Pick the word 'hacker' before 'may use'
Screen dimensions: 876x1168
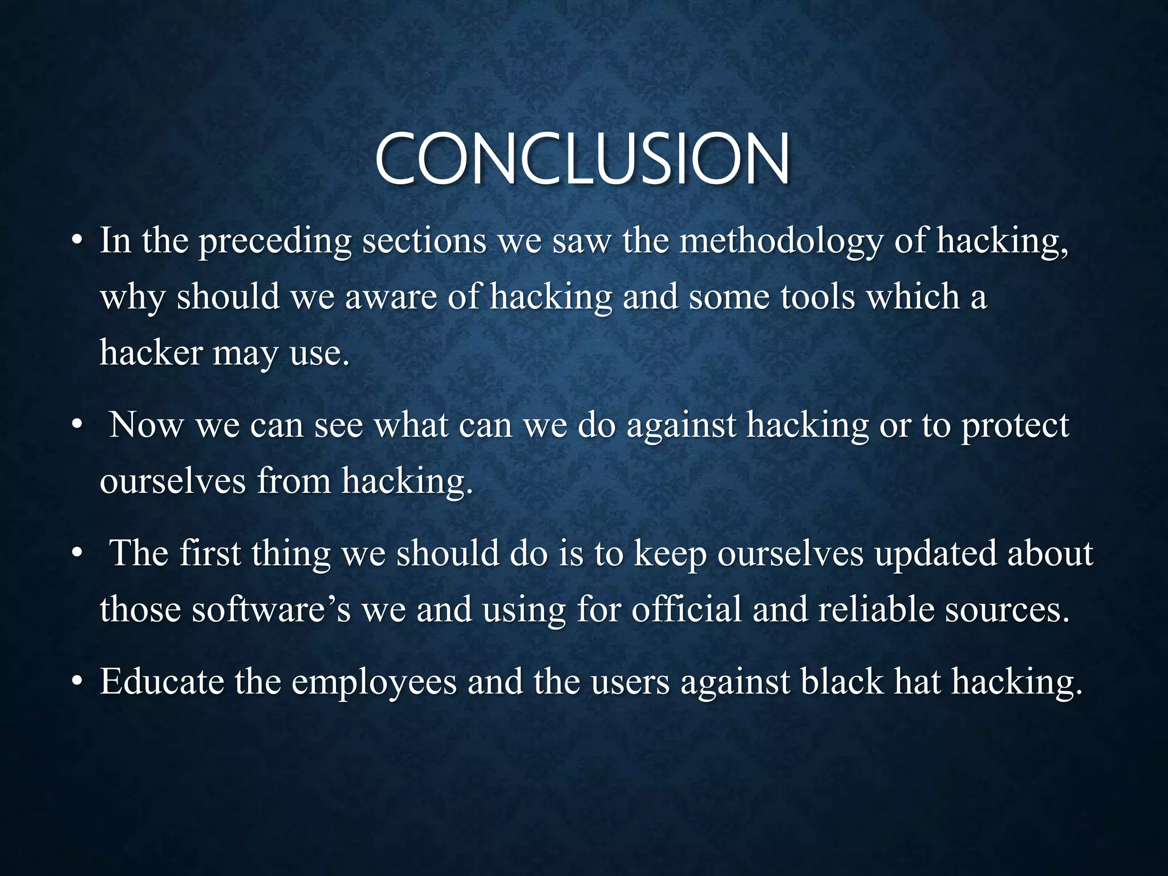[151, 352]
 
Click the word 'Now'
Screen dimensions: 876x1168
[147, 425]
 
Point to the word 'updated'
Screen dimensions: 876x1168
[935, 554]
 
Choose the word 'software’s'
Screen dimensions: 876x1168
[270, 609]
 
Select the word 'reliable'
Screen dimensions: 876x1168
[876, 609]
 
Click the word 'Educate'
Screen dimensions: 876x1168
[161, 682]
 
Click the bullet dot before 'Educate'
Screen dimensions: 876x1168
[78, 683]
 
